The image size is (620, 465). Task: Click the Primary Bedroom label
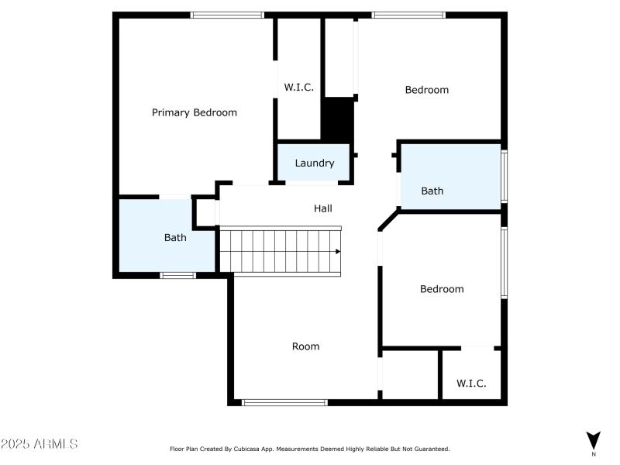point(194,112)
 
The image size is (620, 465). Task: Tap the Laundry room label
point(315,163)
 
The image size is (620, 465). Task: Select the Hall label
point(323,208)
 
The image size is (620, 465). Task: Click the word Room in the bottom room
point(305,346)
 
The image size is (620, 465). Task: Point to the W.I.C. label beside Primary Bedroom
point(299,88)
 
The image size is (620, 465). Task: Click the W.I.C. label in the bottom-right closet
point(471,383)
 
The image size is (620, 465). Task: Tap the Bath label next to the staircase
point(175,237)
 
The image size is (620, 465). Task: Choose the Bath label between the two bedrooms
point(432,191)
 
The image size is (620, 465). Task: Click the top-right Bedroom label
point(427,90)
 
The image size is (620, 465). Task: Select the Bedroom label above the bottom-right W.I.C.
point(442,289)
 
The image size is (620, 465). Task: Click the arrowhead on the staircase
point(338,251)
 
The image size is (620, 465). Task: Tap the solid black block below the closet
point(337,120)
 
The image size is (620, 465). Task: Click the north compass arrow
point(594,439)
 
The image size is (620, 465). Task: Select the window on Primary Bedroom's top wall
point(228,15)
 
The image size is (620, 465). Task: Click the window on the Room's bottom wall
point(284,402)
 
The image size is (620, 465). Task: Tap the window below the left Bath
point(177,275)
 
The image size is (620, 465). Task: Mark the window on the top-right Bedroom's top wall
point(408,15)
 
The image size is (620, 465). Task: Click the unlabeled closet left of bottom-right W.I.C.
point(410,374)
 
